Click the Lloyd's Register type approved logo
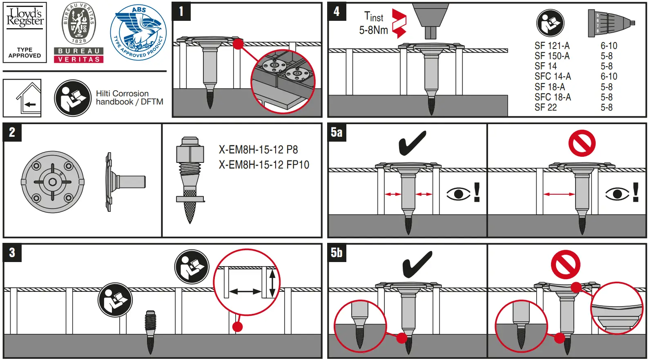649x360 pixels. [x=25, y=32]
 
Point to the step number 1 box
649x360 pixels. [x=181, y=11]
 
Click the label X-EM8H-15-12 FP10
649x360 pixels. [x=264, y=165]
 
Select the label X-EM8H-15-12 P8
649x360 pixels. [x=258, y=150]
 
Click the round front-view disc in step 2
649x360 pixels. [x=53, y=182]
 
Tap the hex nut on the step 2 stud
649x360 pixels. [x=190, y=153]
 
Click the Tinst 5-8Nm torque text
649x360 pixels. [x=373, y=24]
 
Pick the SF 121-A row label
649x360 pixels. [x=552, y=46]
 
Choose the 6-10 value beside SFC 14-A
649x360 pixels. [x=609, y=77]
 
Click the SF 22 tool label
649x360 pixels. [x=546, y=108]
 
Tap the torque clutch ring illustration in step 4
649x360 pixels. [x=611, y=23]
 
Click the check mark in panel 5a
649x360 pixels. [x=412, y=143]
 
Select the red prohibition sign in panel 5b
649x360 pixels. [x=566, y=264]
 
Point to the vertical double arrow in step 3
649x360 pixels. [x=272, y=282]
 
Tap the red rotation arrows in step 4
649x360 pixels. [x=399, y=24]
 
